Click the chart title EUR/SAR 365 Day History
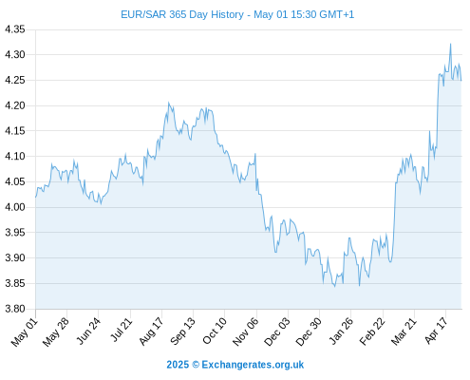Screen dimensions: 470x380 point(182,14)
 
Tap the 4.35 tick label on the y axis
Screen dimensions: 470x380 point(14,29)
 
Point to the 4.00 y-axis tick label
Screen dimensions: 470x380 point(14,207)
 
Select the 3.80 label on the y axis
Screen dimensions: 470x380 point(14,309)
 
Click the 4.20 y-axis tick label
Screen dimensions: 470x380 point(14,105)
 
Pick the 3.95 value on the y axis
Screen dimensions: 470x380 point(14,233)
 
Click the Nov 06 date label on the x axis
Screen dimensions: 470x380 point(245,332)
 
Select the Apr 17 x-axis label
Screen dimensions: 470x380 point(436,331)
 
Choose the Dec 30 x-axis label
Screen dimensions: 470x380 point(309,332)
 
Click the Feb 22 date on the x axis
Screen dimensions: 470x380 point(372,332)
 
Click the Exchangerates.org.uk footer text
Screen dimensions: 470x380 point(253,365)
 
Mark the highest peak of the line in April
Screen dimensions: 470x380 point(450,44)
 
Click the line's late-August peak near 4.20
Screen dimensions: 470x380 point(168,103)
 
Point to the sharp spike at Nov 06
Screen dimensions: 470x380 point(255,154)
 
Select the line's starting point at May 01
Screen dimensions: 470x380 point(36,197)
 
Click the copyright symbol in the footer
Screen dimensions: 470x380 point(196,365)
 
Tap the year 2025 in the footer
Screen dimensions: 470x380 point(178,365)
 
